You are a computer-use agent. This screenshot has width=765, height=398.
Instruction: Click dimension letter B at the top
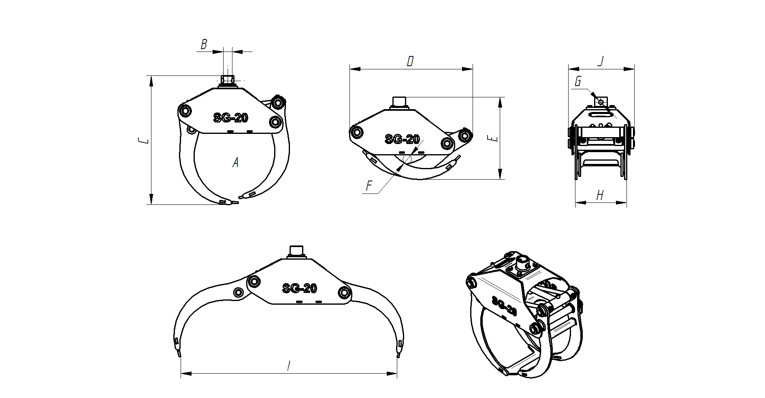[204, 44]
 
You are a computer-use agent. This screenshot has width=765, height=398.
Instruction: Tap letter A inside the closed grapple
[235, 163]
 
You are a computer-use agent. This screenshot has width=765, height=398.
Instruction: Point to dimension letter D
[410, 61]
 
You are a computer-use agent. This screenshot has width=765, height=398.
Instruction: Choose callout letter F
[369, 186]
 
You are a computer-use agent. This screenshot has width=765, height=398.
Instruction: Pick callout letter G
[578, 82]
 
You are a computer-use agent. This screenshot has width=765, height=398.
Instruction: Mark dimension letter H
[600, 195]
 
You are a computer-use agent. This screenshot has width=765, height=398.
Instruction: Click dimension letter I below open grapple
[288, 366]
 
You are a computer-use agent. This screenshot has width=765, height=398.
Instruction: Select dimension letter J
[601, 61]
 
